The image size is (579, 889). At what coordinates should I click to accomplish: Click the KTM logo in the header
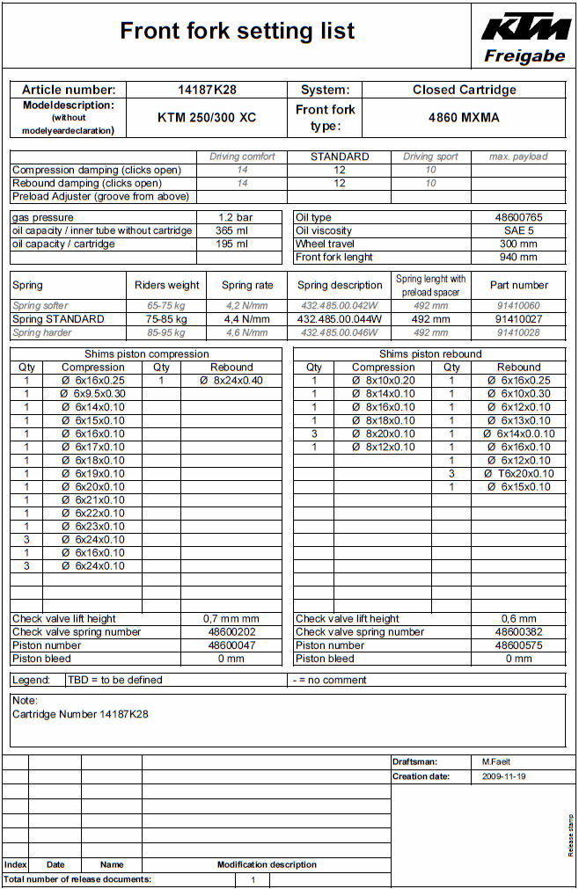[525, 27]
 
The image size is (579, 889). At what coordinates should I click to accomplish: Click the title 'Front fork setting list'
[238, 32]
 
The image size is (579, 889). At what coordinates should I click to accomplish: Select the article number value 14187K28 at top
[207, 90]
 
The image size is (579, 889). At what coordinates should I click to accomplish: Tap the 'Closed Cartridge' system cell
[465, 90]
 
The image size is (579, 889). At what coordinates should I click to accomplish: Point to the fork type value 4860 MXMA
[464, 117]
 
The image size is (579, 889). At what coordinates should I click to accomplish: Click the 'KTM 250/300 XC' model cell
[207, 117]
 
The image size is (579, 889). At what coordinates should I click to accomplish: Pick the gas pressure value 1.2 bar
[235, 217]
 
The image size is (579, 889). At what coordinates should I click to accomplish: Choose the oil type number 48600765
[518, 217]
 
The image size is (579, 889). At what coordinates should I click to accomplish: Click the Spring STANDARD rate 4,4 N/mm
[247, 319]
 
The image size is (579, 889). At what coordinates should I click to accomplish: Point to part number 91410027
[518, 319]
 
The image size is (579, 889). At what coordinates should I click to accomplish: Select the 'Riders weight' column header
[166, 285]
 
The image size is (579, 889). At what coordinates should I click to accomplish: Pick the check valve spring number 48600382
[518, 632]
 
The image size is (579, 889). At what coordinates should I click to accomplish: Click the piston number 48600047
[231, 645]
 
